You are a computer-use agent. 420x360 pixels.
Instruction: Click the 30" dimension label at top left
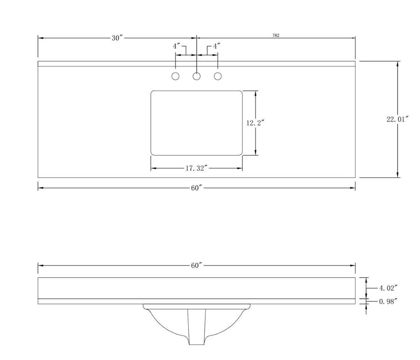point(117,38)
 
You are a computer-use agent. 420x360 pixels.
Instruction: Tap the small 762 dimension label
point(276,35)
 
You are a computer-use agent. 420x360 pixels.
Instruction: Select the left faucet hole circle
point(175,76)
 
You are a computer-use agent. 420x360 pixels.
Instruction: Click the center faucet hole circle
point(197,76)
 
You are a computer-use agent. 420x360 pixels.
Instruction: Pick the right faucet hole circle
point(218,76)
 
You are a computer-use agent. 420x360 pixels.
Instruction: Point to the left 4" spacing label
point(177,46)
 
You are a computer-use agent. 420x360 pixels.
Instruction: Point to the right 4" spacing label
point(217,46)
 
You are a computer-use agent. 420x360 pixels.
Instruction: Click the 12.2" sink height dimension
point(255,123)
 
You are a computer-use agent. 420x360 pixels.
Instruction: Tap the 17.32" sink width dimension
point(197,168)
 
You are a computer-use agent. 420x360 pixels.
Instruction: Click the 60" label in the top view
point(197,188)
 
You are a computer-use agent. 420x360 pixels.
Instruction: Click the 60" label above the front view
point(197,265)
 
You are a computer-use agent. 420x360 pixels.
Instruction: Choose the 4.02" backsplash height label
point(388,288)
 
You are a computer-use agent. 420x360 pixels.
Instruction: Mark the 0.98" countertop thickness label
point(388,301)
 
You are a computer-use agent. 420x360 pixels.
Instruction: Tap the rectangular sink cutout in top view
point(197,123)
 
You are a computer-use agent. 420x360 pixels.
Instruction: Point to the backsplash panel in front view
point(197,288)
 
